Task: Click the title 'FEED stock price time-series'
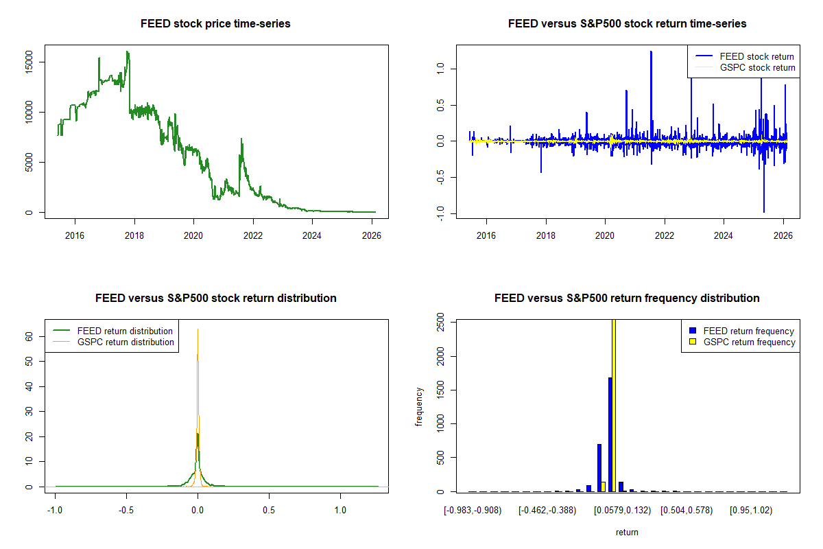215,24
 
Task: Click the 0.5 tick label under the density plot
269,510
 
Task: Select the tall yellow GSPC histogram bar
613,405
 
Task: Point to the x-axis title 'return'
627,532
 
